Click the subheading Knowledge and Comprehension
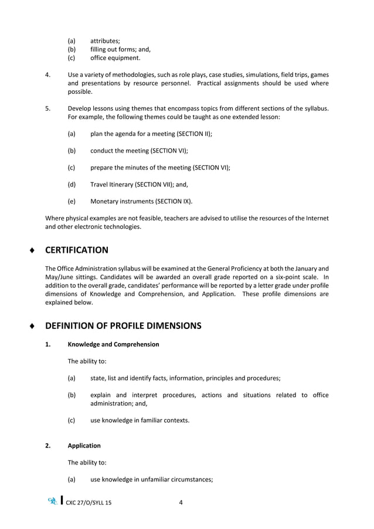[113, 344]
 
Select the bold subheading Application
[84, 446]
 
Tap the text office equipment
[115, 58]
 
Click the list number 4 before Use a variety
[47, 76]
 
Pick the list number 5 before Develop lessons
[47, 108]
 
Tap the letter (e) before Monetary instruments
[72, 201]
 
